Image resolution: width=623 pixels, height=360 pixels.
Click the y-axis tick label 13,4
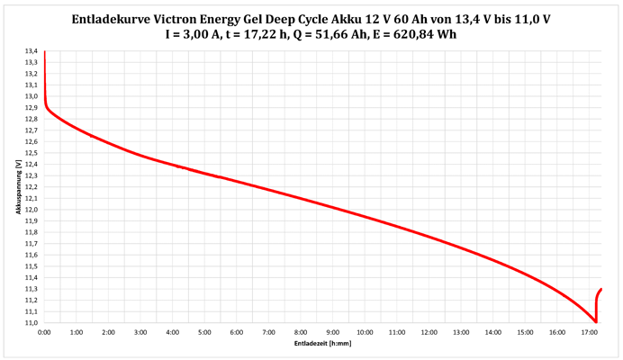[32, 51]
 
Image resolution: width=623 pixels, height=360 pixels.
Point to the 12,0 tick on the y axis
[32, 210]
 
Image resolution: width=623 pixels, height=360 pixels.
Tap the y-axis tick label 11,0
[32, 322]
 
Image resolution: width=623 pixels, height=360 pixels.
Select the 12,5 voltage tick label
[32, 153]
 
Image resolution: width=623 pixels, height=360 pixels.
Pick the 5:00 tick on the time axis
[204, 332]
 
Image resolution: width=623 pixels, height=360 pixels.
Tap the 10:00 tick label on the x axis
[364, 332]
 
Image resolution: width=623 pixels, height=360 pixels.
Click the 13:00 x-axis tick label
[460, 332]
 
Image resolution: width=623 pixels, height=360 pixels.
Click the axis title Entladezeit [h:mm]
[322, 344]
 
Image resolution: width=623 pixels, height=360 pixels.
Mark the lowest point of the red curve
[595, 321]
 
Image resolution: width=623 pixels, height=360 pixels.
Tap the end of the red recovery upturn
[600, 289]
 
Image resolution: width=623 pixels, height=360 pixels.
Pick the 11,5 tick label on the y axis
[32, 266]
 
